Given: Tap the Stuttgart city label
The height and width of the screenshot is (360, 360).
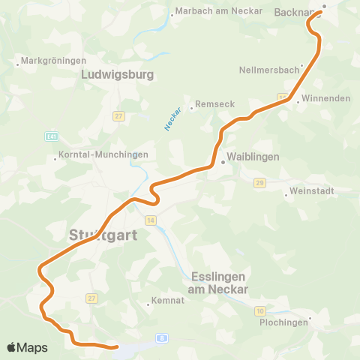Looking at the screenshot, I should (x=103, y=235).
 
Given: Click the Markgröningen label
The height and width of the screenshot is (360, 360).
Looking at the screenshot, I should (x=49, y=59).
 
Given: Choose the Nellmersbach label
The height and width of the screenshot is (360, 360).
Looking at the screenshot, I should (x=269, y=70).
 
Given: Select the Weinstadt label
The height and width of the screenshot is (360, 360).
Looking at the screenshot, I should (x=311, y=191).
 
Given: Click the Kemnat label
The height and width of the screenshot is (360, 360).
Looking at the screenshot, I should (x=169, y=303).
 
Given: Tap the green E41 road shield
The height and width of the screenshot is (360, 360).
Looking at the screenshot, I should (x=51, y=137).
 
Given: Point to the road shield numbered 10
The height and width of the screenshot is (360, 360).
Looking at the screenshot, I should (x=259, y=310).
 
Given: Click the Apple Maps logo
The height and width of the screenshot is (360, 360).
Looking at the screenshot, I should (x=27, y=347).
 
